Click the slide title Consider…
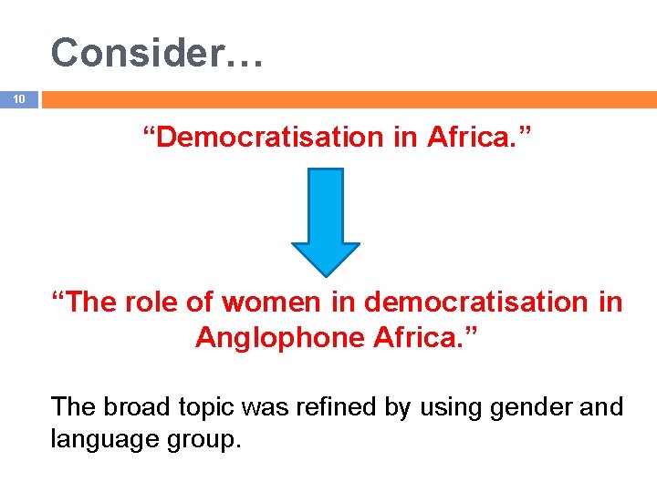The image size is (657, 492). [158, 53]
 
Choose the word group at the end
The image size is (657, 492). [207, 440]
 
